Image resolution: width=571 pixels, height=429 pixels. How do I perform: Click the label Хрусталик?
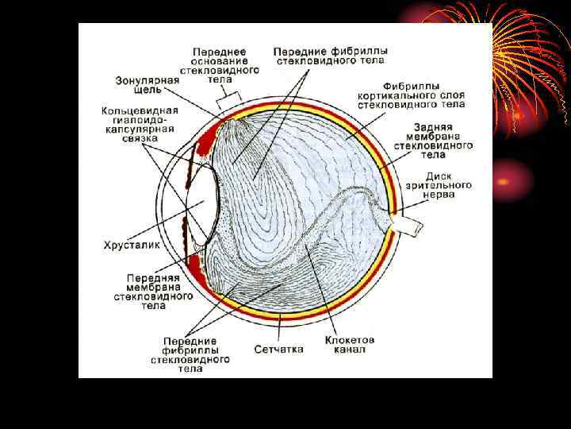[x=132, y=245]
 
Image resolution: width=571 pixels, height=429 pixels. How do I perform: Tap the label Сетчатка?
[x=278, y=349]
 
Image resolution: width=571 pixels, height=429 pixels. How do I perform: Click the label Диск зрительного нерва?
[x=449, y=184]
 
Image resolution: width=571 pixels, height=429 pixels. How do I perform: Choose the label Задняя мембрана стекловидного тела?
[x=443, y=140]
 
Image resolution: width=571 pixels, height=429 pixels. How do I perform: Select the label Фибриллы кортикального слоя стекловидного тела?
[x=411, y=95]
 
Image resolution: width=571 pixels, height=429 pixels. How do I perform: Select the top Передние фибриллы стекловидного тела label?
[x=330, y=55]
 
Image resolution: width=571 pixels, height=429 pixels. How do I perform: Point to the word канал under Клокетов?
[x=349, y=350]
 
